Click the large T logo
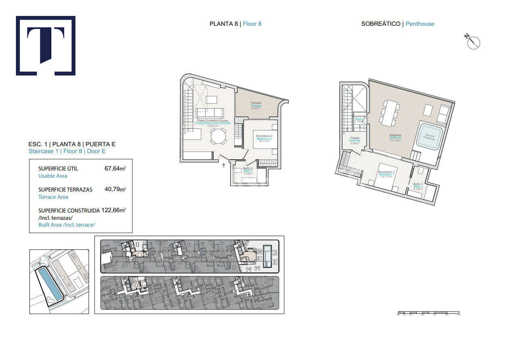pyautogui.click(x=46, y=46)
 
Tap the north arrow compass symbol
pyautogui.click(x=472, y=42)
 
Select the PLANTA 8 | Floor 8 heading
pyautogui.click(x=235, y=24)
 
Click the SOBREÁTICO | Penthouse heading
pyautogui.click(x=397, y=24)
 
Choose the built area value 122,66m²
pyautogui.click(x=113, y=210)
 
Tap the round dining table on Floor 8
pyautogui.click(x=218, y=136)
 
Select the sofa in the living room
pyautogui.click(x=210, y=112)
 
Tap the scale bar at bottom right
pyautogui.click(x=428, y=312)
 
